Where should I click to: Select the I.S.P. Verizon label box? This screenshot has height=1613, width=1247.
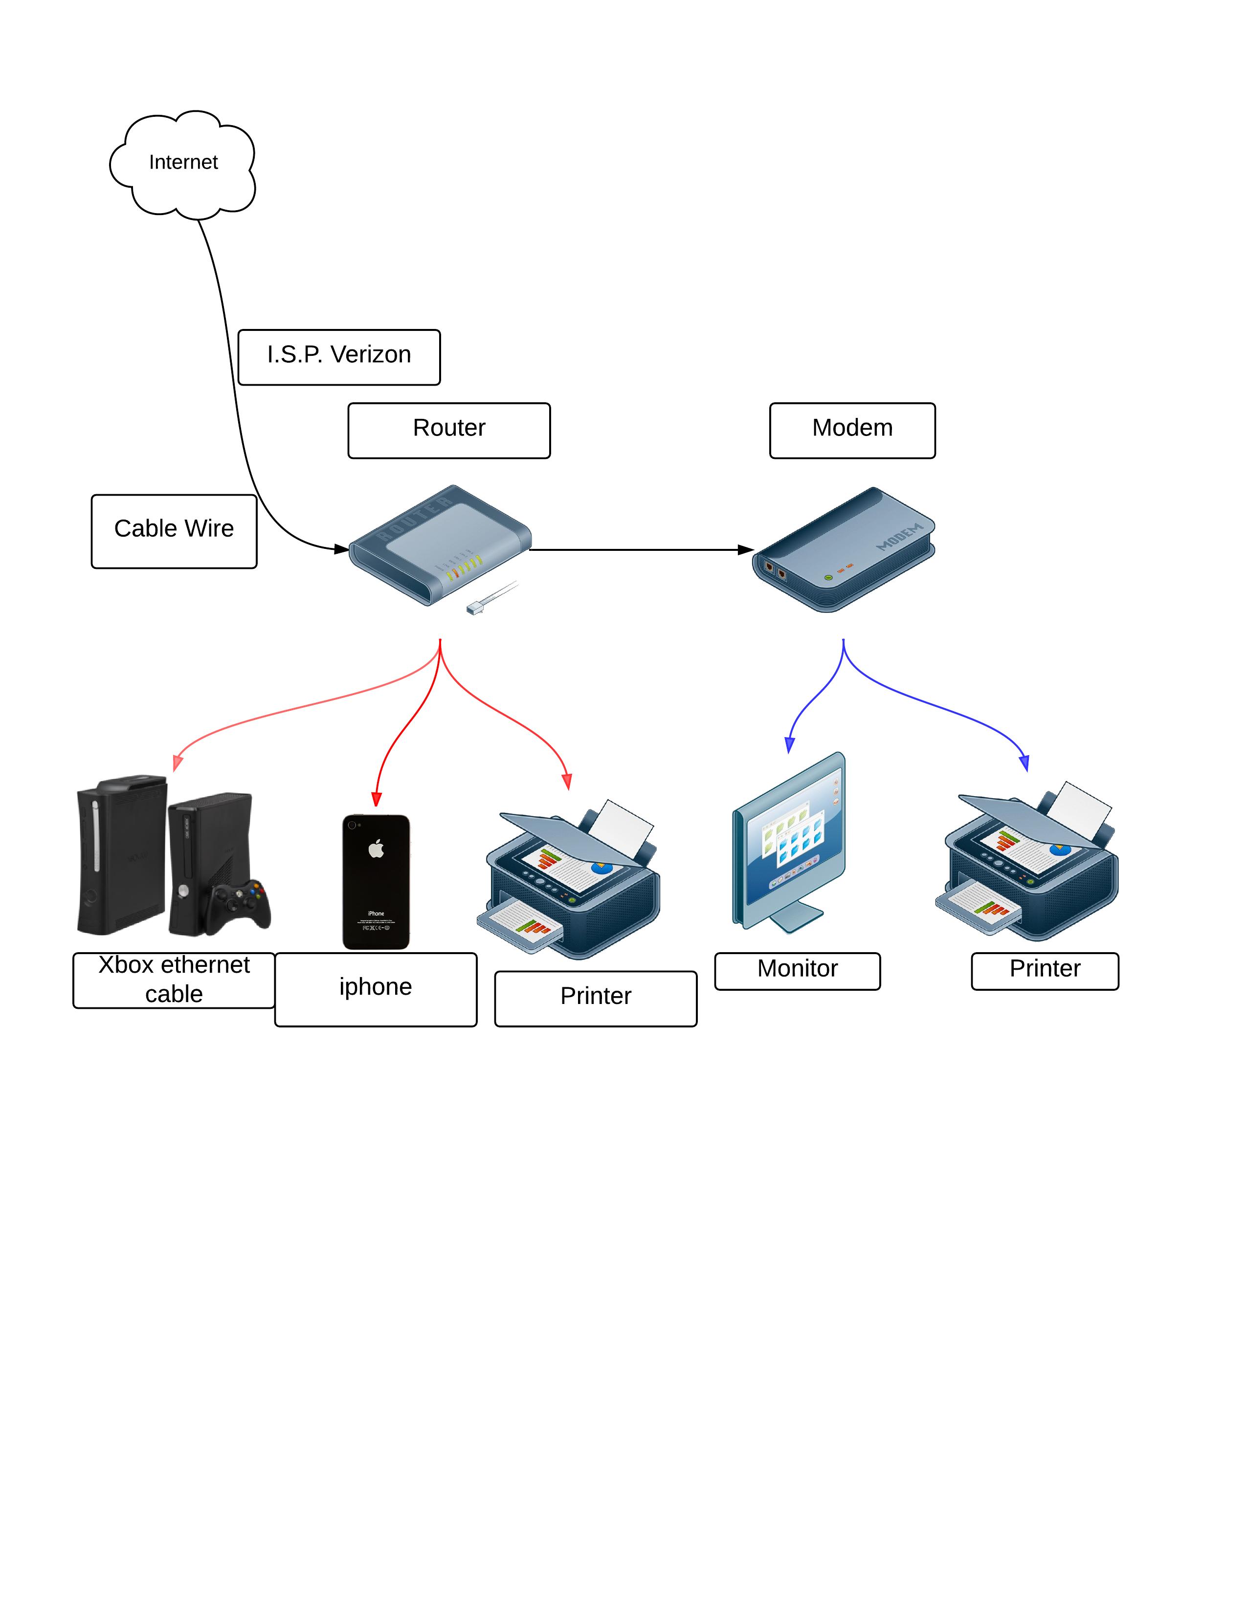pyautogui.click(x=339, y=357)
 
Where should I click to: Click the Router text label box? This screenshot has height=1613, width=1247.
pyautogui.click(x=449, y=431)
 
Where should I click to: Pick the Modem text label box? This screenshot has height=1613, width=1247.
pyautogui.click(x=852, y=431)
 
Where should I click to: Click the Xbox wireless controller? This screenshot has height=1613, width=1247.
pyautogui.click(x=237, y=905)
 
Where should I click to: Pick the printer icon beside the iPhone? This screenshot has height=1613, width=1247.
pyautogui.click(x=569, y=879)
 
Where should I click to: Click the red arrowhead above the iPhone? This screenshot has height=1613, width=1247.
pyautogui.click(x=376, y=799)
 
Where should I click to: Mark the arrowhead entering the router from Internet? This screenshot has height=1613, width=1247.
pyautogui.click(x=341, y=549)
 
